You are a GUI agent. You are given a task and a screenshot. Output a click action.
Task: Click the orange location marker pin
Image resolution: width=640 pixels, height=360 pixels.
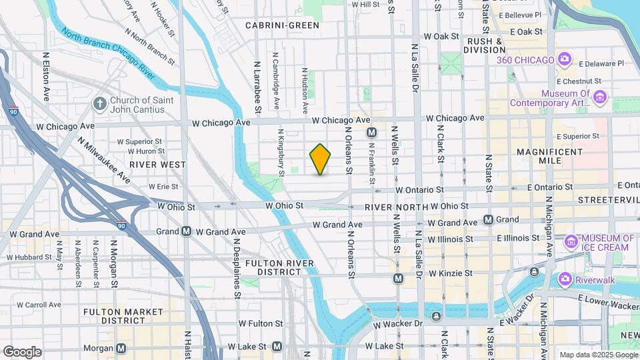(320, 159)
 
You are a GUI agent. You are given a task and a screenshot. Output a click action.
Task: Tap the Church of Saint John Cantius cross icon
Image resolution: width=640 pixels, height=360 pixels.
(99, 104)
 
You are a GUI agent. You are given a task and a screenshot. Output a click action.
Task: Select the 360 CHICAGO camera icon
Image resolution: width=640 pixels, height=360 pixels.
(565, 60)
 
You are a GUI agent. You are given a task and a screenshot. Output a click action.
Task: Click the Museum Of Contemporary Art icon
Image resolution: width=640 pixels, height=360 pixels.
(599, 98)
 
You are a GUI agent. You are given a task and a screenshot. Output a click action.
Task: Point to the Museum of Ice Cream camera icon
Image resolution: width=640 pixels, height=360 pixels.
(571, 241)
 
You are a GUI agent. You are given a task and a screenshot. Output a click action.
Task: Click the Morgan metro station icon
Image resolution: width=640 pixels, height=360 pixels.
(121, 347)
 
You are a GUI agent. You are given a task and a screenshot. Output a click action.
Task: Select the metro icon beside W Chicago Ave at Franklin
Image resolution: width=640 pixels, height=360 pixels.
(372, 133)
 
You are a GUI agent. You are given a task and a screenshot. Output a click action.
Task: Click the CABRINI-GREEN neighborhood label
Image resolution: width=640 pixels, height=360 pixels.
(282, 25)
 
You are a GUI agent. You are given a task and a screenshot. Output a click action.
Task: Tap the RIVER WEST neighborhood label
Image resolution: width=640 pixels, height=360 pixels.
(158, 164)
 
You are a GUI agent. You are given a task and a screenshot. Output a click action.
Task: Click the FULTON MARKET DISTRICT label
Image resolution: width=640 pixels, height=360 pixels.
(123, 316)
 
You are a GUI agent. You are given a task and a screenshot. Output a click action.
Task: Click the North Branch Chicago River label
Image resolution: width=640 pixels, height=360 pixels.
(109, 53)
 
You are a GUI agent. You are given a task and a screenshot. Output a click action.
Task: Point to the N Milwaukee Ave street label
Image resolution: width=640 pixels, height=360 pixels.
(104, 159)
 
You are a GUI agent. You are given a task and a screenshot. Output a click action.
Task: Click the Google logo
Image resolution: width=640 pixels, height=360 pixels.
(23, 351)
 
